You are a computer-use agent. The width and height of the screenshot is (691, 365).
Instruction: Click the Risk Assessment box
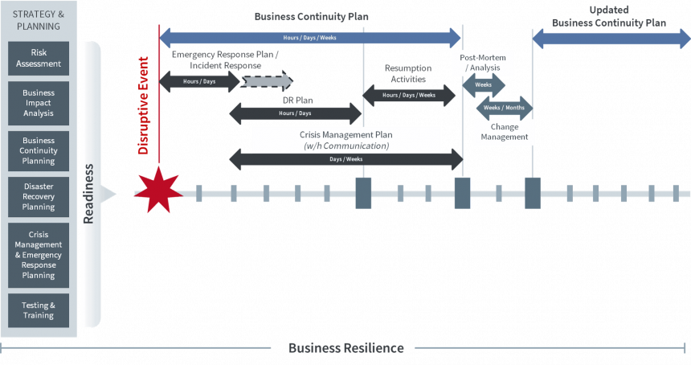pos(39,58)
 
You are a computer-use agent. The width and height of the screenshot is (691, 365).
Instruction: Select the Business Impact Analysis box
pos(39,103)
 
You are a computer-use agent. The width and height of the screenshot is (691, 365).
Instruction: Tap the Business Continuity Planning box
pos(39,151)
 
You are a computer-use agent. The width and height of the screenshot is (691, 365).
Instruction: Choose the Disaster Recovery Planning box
pos(39,197)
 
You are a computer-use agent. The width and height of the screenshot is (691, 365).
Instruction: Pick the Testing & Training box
pos(39,310)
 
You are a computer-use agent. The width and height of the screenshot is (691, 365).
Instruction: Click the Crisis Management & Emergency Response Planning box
pos(39,255)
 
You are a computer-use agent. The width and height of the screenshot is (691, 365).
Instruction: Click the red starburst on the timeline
pos(158,191)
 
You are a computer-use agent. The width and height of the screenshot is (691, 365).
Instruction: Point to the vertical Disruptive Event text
pos(143,105)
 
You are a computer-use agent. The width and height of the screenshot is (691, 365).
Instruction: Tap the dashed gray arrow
pos(267,81)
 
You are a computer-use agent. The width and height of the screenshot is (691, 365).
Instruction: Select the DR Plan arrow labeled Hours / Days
pos(295,113)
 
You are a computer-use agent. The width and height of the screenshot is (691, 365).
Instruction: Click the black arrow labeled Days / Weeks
pos(346,159)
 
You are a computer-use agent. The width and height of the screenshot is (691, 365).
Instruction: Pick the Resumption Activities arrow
pos(409,95)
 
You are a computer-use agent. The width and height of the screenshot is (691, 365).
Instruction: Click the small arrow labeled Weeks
pos(484,85)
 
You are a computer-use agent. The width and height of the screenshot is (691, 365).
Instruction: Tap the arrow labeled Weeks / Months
pos(504,108)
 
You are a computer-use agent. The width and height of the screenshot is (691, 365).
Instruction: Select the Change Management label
pos(505,132)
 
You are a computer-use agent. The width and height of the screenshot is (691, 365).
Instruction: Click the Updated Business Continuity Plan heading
pos(609,16)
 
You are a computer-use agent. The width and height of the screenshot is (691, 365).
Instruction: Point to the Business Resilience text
pos(346,348)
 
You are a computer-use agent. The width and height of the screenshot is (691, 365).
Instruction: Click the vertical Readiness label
pos(88,194)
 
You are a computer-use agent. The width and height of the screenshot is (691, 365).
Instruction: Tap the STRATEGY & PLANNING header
pos(39,20)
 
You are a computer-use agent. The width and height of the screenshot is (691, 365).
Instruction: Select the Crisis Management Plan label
pos(346,140)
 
